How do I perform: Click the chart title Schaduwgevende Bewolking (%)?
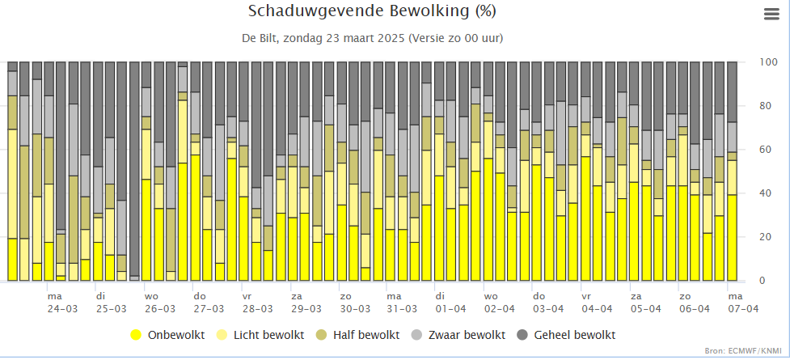(x=372, y=11)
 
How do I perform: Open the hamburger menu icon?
(x=771, y=13)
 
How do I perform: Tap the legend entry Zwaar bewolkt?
(x=467, y=335)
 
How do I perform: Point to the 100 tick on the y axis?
(x=769, y=62)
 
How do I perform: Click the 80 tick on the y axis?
(x=767, y=106)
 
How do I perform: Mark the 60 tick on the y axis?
(x=767, y=150)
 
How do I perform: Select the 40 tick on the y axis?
(x=767, y=193)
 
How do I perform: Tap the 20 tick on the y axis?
(x=767, y=237)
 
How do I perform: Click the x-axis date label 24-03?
(x=62, y=309)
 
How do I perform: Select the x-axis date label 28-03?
(x=256, y=309)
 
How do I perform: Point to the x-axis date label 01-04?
(x=450, y=309)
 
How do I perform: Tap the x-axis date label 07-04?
(x=742, y=309)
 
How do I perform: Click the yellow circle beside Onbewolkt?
(x=136, y=335)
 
